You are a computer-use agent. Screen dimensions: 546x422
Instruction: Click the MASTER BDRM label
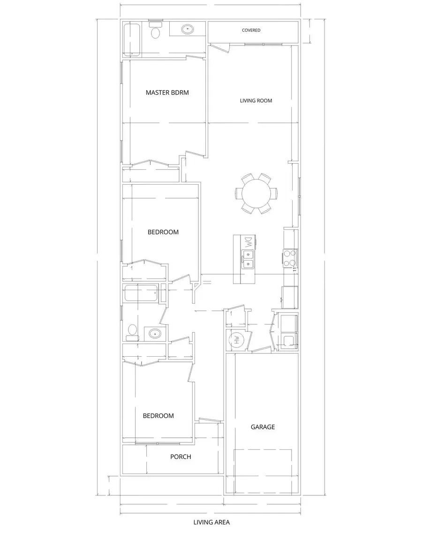point(167,92)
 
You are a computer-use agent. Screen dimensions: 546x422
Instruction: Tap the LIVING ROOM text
point(256,100)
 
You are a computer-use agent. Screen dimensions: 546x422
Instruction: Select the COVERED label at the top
point(251,30)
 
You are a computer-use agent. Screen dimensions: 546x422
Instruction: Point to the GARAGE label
point(263,427)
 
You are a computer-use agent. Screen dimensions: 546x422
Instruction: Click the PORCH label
point(181,456)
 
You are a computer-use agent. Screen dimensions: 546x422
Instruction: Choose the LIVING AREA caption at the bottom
point(211,522)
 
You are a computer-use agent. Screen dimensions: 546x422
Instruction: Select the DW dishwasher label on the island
point(248,242)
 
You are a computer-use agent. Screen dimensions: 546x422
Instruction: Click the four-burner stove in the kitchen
point(290,257)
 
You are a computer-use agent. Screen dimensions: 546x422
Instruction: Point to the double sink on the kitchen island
point(248,259)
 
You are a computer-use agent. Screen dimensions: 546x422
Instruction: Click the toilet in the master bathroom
point(155,32)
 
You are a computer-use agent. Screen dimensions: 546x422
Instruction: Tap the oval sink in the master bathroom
point(188,29)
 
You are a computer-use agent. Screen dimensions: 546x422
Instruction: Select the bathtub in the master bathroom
point(132,40)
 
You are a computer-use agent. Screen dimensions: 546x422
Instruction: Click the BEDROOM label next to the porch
point(158,416)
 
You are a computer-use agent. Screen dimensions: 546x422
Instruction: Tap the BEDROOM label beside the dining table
point(163,232)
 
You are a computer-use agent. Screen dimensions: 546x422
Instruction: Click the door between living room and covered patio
point(219,46)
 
